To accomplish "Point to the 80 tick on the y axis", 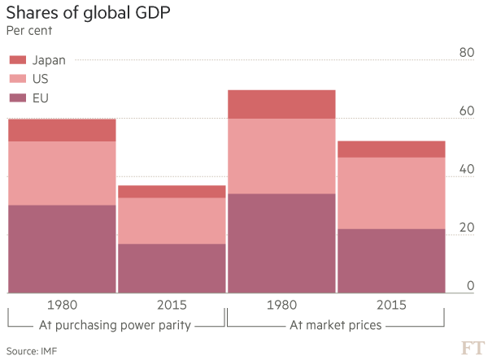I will (466, 53).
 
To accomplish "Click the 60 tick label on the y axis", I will (466, 111).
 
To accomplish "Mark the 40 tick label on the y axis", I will (466, 169).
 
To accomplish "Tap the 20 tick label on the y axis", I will (466, 228).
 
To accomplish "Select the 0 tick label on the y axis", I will (470, 285).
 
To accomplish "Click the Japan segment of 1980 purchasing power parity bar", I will (62, 130).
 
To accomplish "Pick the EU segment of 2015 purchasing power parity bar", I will (172, 268).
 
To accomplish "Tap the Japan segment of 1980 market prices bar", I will (281, 104).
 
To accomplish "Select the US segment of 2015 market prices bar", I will (391, 193).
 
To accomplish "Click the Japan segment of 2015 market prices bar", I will (391, 149).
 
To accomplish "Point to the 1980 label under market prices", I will (281, 306).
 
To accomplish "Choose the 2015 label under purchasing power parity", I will (172, 306).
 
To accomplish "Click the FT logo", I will (472, 348).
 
